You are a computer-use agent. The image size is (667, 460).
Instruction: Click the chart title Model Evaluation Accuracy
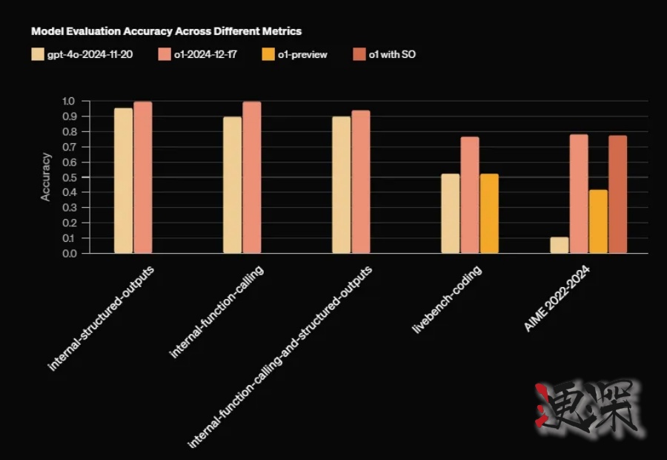tap(166, 32)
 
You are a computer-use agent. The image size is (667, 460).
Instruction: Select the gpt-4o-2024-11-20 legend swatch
tap(39, 55)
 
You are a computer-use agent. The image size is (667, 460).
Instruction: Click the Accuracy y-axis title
tap(46, 177)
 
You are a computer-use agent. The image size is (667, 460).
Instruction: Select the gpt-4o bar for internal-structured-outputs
tap(123, 181)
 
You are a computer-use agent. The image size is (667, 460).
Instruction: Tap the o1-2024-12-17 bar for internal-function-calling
tap(252, 178)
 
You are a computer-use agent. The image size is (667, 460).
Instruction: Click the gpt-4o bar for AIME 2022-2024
tap(560, 246)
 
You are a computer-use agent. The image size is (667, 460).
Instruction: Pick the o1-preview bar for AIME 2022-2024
tap(598, 222)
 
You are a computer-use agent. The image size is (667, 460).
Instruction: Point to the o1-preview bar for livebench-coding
tap(489, 214)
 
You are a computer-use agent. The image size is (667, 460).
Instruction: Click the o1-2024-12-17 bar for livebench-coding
tap(470, 195)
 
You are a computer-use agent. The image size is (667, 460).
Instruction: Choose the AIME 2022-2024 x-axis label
tap(557, 300)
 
